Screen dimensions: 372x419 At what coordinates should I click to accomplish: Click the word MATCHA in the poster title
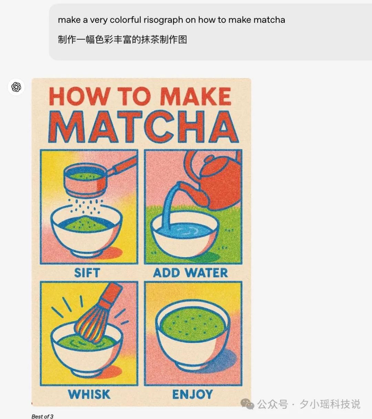coord(143,127)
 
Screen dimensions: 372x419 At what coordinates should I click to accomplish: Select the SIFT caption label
coord(87,273)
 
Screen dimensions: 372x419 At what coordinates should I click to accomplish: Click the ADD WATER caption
coord(190,273)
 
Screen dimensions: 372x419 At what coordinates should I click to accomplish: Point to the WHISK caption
coord(89,395)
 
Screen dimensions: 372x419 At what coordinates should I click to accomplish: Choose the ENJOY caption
coord(192,395)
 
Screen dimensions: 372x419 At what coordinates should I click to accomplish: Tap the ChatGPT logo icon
coord(16,87)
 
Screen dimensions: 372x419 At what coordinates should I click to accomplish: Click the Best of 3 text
coord(42,416)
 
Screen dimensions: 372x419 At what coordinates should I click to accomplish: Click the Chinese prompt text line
coord(122,39)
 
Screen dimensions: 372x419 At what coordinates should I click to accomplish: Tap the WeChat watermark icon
coord(247,404)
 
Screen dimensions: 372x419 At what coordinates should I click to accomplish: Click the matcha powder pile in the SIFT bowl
coord(86,224)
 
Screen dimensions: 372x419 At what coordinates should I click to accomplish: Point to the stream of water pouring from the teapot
coord(171,206)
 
